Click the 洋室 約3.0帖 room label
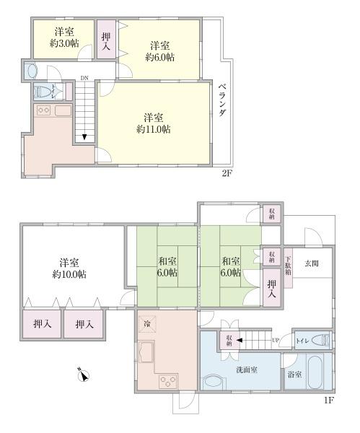pos(63,37)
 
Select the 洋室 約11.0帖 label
pos(153,124)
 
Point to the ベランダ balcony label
pos(223,103)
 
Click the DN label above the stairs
pos(84,77)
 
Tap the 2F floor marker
pos(227,174)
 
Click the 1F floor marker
pos(328,400)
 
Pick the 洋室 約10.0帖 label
pos(69,268)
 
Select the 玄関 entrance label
pos(311,263)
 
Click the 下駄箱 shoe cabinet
pos(289,268)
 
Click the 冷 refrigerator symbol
pos(147,324)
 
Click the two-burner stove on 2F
pos(43,110)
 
